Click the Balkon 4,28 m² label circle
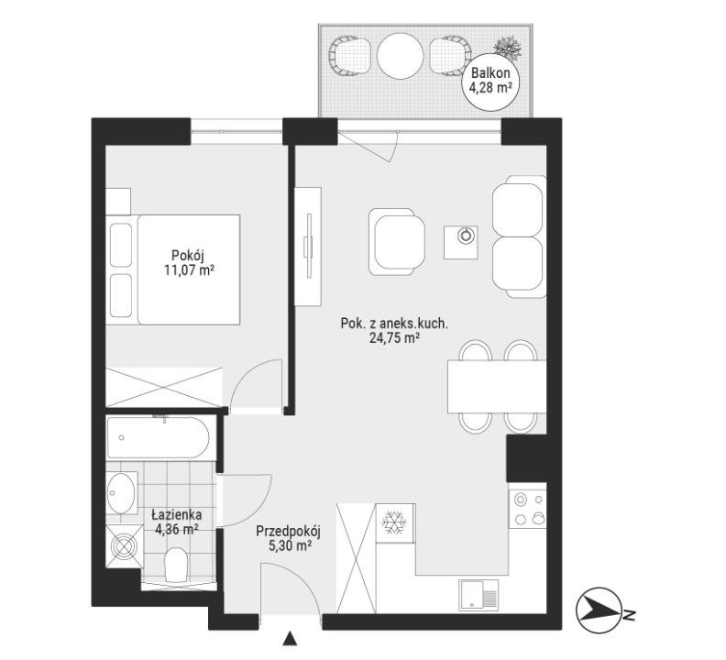click(490, 82)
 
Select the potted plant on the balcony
click(507, 47)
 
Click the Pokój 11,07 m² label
click(189, 262)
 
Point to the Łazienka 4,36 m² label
click(177, 521)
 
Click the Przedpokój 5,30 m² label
click(289, 538)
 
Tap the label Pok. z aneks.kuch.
click(394, 323)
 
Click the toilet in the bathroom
click(176, 564)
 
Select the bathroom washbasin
click(122, 493)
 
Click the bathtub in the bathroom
click(159, 436)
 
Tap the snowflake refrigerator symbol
click(394, 522)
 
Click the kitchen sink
click(478, 595)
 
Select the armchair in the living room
click(397, 241)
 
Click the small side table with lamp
click(461, 242)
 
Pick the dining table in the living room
click(497, 386)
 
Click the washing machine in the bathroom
click(125, 546)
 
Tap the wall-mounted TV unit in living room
click(308, 247)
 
